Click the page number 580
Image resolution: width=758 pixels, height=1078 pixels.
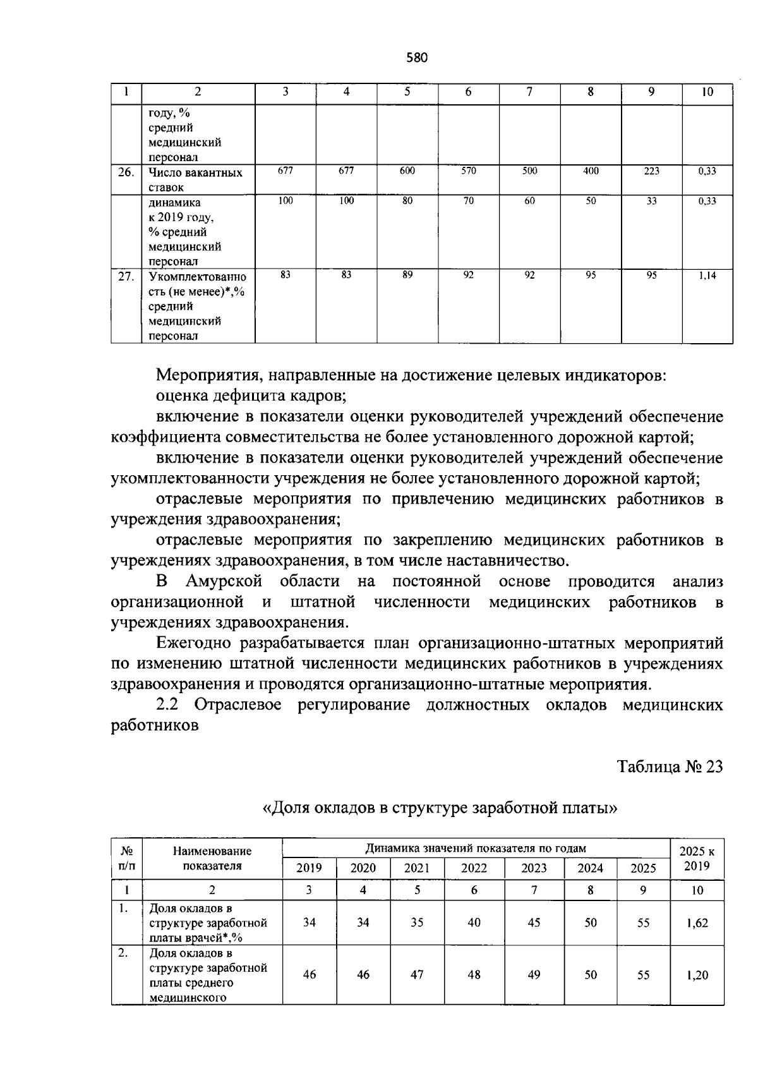(x=417, y=58)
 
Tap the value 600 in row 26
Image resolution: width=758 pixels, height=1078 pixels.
(x=407, y=171)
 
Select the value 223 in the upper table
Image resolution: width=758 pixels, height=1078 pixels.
(x=651, y=171)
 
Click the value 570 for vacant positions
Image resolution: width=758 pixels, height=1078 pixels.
(x=468, y=171)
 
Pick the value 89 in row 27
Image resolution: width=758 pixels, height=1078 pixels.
(x=407, y=276)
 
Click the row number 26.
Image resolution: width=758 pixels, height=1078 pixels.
(x=126, y=172)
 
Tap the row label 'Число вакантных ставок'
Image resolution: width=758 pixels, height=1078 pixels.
(x=195, y=179)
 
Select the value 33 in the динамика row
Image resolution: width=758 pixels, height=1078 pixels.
(x=651, y=201)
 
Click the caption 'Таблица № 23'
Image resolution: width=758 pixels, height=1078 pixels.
(x=670, y=766)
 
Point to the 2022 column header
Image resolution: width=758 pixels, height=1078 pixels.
(x=474, y=868)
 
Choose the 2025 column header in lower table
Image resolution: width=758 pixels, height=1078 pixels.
(x=643, y=868)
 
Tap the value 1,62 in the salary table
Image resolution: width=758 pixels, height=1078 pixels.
(x=697, y=923)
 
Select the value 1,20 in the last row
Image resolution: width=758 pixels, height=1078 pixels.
(x=697, y=975)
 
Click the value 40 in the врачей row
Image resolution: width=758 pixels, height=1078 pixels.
(x=474, y=923)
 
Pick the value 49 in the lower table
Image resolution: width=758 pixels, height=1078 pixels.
(x=534, y=975)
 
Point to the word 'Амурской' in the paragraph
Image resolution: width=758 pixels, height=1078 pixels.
(x=224, y=581)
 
